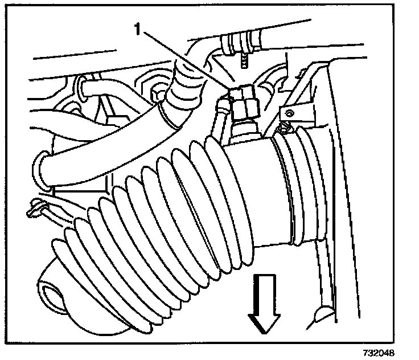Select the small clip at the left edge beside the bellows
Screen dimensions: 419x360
(35, 206)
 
